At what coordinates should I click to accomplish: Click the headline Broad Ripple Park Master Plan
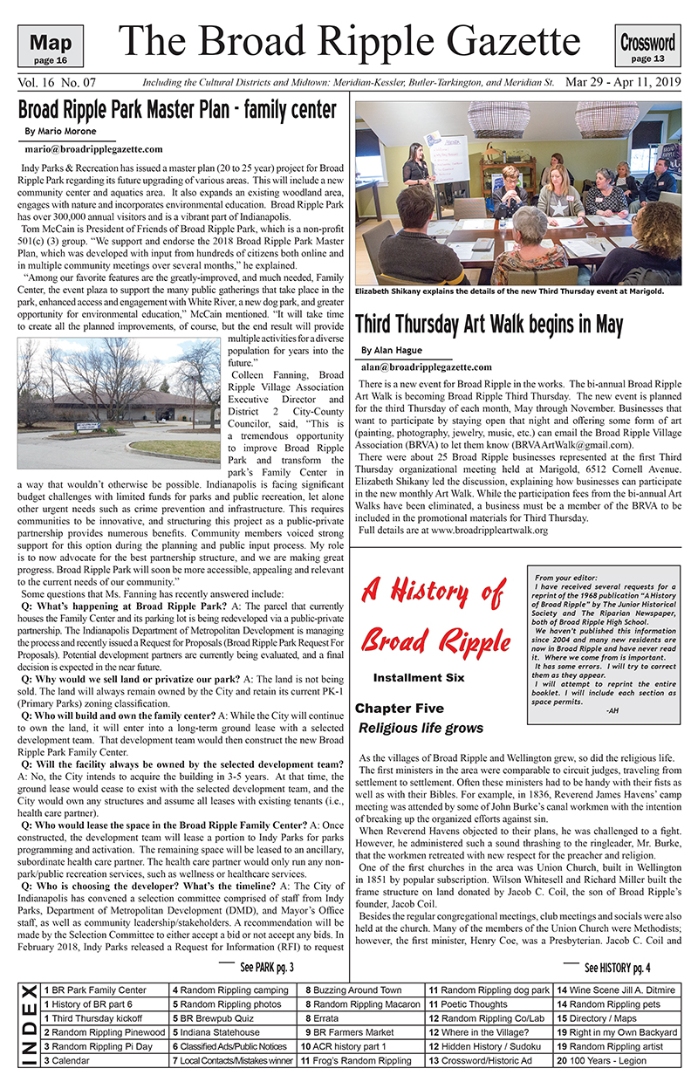click(177, 111)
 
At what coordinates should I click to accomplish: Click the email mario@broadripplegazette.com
click(93, 149)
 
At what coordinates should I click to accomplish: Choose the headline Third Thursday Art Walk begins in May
click(489, 325)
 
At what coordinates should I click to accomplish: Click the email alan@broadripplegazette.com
click(427, 367)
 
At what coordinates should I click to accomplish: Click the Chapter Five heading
click(399, 709)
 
